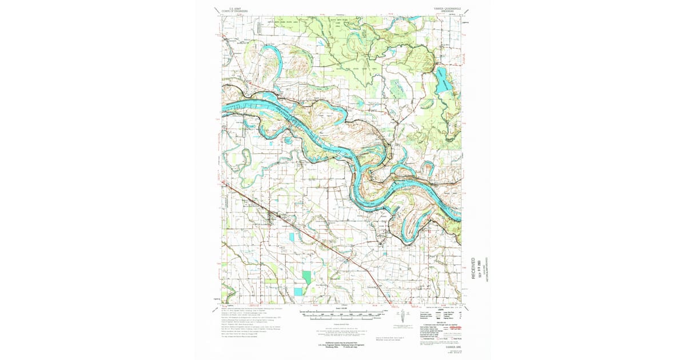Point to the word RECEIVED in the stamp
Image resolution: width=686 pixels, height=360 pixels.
474,267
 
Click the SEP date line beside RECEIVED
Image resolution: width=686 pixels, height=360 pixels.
480,267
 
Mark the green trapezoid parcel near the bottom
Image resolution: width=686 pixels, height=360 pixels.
307,277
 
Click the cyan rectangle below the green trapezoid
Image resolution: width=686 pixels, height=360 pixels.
298,291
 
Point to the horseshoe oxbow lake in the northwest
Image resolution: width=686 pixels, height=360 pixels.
270,57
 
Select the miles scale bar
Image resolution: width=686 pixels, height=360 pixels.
345,313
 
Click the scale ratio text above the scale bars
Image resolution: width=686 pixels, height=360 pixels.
345,309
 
